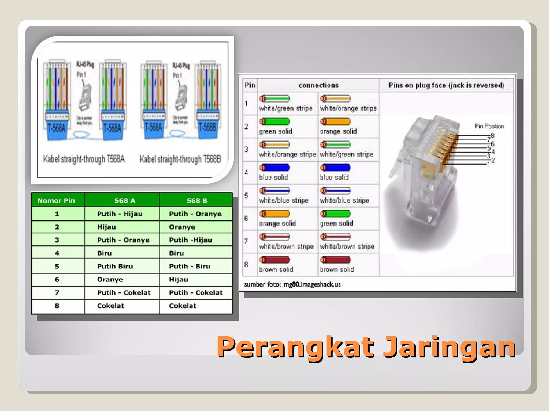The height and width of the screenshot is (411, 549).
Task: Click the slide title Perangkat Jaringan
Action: [366, 347]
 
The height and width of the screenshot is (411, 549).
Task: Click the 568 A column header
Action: [125, 200]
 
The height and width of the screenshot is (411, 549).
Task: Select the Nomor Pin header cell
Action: [56, 200]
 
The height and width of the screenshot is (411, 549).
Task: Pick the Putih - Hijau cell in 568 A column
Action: [120, 214]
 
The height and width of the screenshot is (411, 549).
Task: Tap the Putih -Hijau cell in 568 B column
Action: [190, 240]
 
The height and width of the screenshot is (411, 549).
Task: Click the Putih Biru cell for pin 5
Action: [115, 266]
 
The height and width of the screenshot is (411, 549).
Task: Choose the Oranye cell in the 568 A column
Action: [110, 279]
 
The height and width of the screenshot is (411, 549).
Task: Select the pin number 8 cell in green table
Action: [57, 306]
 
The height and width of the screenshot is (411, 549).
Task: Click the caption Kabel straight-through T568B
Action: [180, 159]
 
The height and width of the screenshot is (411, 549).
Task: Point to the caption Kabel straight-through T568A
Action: [84, 159]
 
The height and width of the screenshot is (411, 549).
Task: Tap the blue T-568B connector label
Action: [207, 127]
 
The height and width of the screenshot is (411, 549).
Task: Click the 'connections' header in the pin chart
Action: [318, 85]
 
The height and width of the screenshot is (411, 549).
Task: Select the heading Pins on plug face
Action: [446, 85]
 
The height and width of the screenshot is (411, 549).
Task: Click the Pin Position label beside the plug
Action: [489, 126]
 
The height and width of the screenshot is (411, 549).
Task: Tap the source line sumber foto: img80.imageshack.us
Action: [292, 284]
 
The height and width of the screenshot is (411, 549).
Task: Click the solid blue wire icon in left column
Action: [274, 168]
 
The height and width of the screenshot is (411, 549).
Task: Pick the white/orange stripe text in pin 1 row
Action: [348, 108]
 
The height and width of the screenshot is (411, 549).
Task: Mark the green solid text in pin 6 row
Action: [336, 223]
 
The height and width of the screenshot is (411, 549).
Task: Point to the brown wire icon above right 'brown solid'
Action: [335, 260]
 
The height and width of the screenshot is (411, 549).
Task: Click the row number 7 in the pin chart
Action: [246, 241]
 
